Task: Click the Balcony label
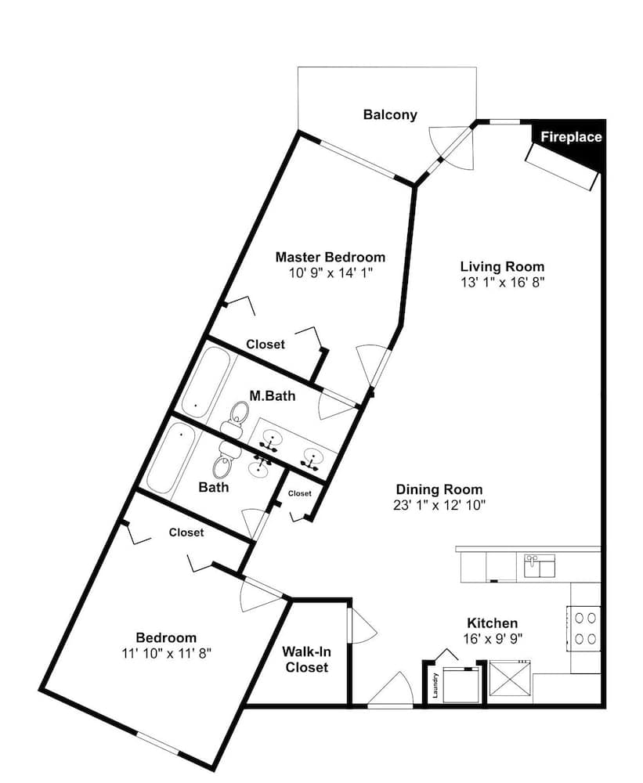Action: coord(390,115)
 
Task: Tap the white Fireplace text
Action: coord(571,137)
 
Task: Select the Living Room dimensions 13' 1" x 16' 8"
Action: coord(502,282)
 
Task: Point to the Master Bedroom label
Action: coord(331,257)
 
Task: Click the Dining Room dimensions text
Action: coord(439,505)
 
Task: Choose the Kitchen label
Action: coord(492,623)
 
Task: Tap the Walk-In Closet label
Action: coord(307,659)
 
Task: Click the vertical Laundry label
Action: coord(435,685)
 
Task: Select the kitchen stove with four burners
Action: coord(583,628)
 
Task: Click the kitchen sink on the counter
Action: coord(539,566)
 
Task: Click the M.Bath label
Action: coord(273,396)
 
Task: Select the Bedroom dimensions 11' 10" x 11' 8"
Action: coord(166,653)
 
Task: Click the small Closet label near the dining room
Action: coord(300,493)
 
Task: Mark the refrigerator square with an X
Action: coord(510,682)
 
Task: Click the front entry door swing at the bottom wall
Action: coord(390,689)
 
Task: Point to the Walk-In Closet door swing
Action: coord(362,626)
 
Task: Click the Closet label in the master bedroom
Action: coord(266,345)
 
